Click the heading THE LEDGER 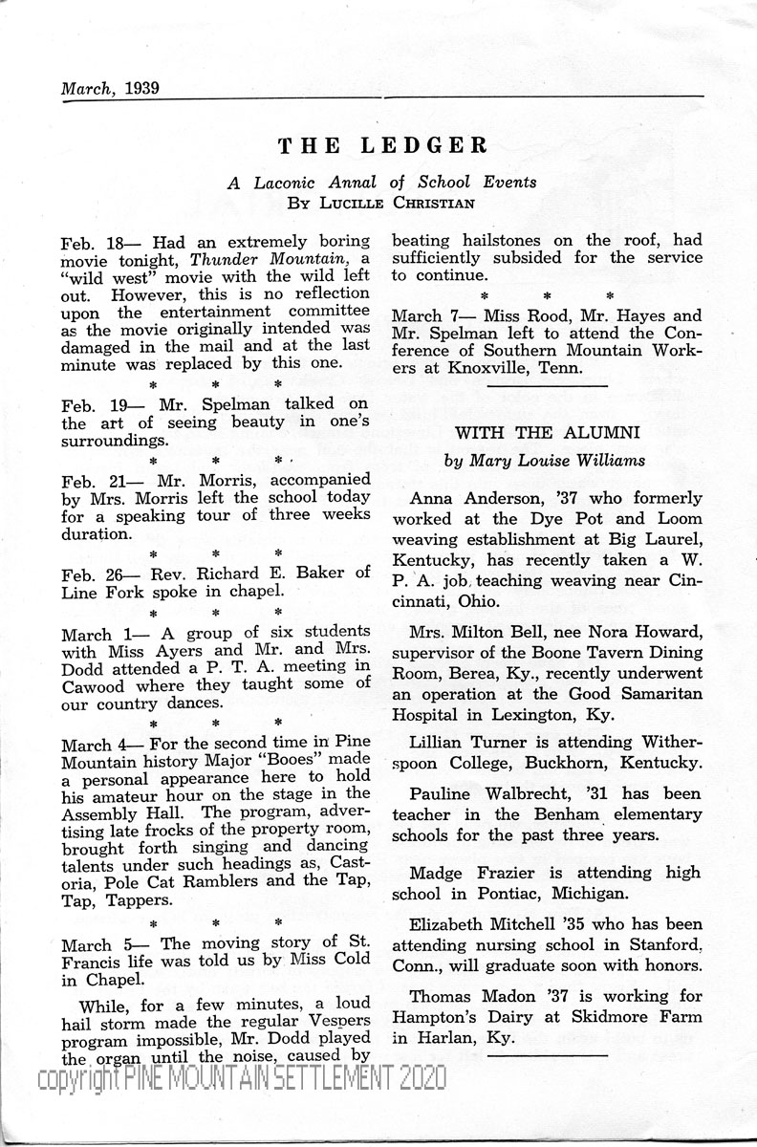coord(382,145)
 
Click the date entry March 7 coord(422,315)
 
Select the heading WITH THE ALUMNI coord(546,432)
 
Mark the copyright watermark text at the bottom coord(241,1079)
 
